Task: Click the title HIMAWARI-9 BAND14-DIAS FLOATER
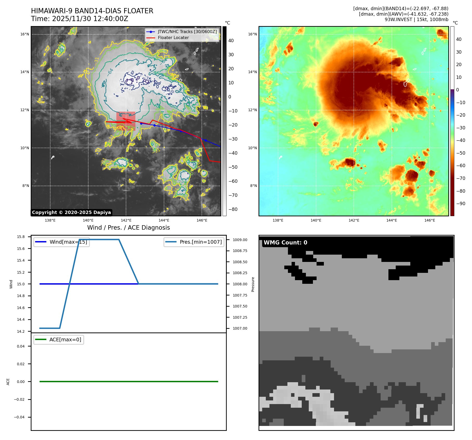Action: pyautogui.click(x=92, y=11)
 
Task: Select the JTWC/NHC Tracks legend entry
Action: pyautogui.click(x=187, y=32)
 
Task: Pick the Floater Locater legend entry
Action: pyautogui.click(x=173, y=37)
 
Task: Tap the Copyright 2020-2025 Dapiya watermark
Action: pyautogui.click(x=71, y=212)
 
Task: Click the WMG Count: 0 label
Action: pyautogui.click(x=285, y=242)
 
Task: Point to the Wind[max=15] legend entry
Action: pyautogui.click(x=68, y=242)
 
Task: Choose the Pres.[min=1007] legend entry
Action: pyautogui.click(x=200, y=242)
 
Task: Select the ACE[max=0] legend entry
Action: pyautogui.click(x=65, y=340)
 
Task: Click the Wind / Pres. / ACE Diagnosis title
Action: pyautogui.click(x=128, y=228)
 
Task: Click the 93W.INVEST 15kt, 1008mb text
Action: pyautogui.click(x=416, y=20)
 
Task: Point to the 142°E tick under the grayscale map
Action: pyautogui.click(x=126, y=220)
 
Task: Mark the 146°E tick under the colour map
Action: pyautogui.click(x=430, y=220)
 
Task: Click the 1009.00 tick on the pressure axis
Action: pyautogui.click(x=240, y=240)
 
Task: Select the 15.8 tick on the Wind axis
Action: pyautogui.click(x=21, y=237)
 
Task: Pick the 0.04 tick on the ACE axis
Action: pyautogui.click(x=21, y=346)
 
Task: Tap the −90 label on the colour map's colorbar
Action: pyautogui.click(x=461, y=204)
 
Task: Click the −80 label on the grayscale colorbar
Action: pyautogui.click(x=233, y=209)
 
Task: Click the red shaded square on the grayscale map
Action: pyautogui.click(x=126, y=120)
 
